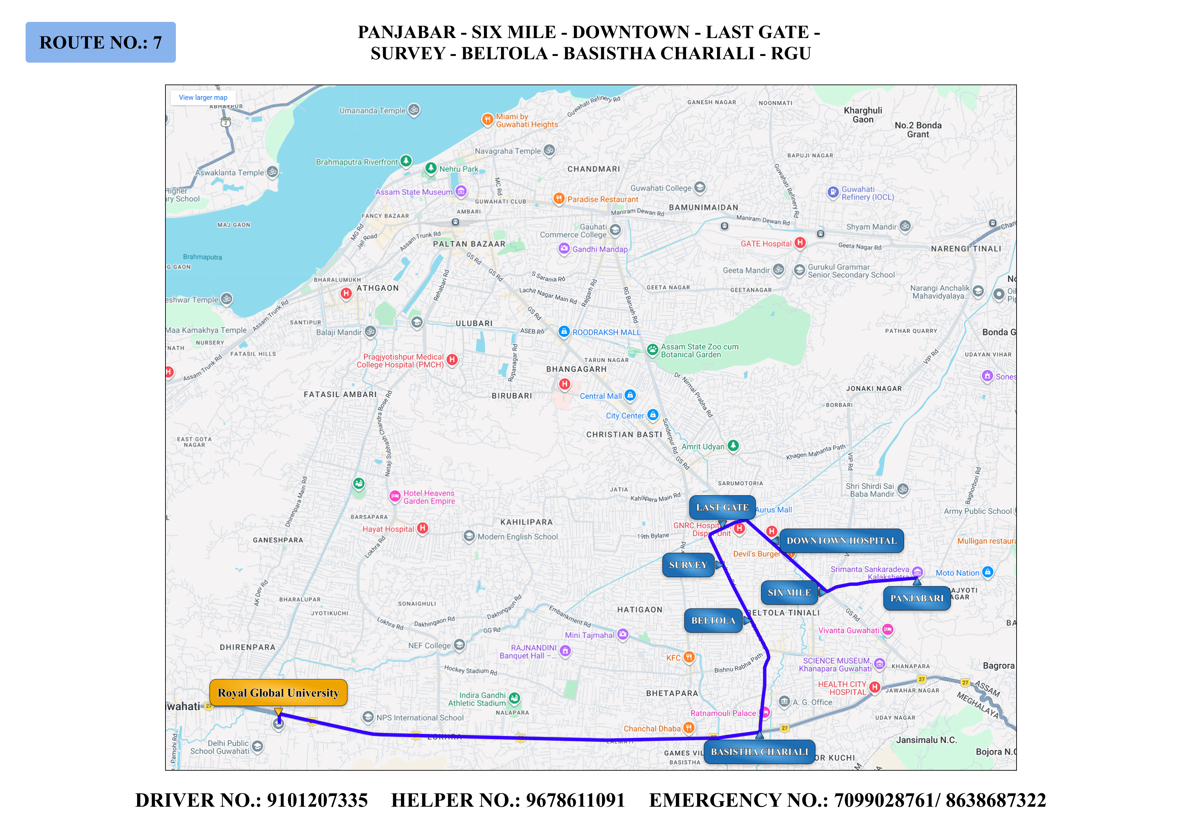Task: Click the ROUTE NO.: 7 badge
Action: click(100, 42)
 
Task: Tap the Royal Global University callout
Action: click(278, 693)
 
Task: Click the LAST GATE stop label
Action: click(722, 507)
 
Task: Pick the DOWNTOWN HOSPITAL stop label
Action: click(841, 541)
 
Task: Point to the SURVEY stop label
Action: click(688, 565)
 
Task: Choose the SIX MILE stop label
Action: click(789, 593)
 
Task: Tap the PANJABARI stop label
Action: click(917, 598)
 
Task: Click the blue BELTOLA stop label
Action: click(713, 621)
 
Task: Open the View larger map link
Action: click(203, 97)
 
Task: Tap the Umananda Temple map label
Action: click(372, 111)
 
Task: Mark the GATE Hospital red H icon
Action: click(800, 243)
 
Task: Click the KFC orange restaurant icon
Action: click(689, 657)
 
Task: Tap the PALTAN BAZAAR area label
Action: click(469, 244)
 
